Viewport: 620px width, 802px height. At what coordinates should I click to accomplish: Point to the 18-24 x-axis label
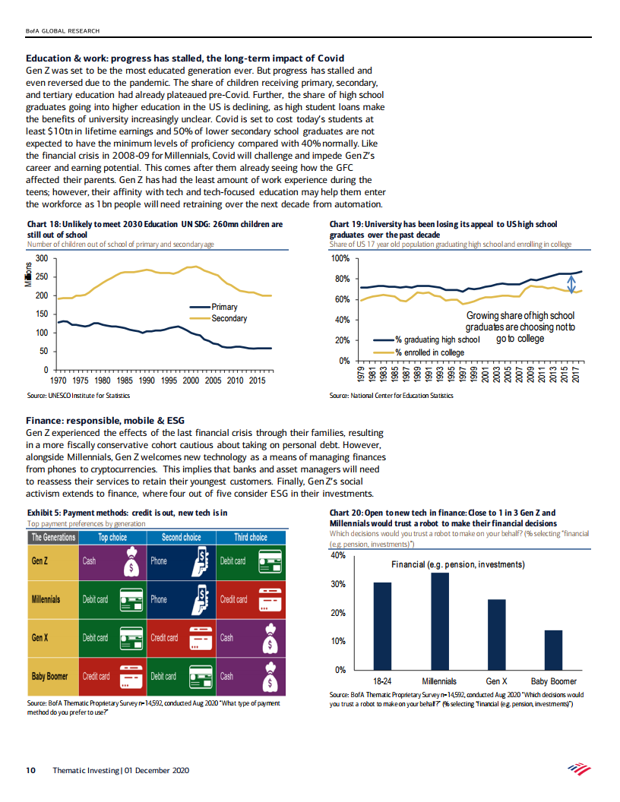coord(383,681)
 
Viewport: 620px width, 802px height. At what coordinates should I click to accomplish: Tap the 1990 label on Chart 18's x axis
coord(147,380)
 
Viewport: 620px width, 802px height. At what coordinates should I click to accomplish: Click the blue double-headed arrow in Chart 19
coord(572,283)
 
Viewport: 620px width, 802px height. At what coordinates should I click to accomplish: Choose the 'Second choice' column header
coord(182,537)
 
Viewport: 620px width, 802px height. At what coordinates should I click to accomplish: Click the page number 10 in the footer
coord(31,770)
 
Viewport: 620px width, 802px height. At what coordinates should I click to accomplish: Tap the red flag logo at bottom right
coord(580,769)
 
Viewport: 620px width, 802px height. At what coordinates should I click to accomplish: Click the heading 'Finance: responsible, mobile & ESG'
coord(105,421)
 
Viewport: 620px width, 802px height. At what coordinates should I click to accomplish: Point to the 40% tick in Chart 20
coord(338,556)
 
